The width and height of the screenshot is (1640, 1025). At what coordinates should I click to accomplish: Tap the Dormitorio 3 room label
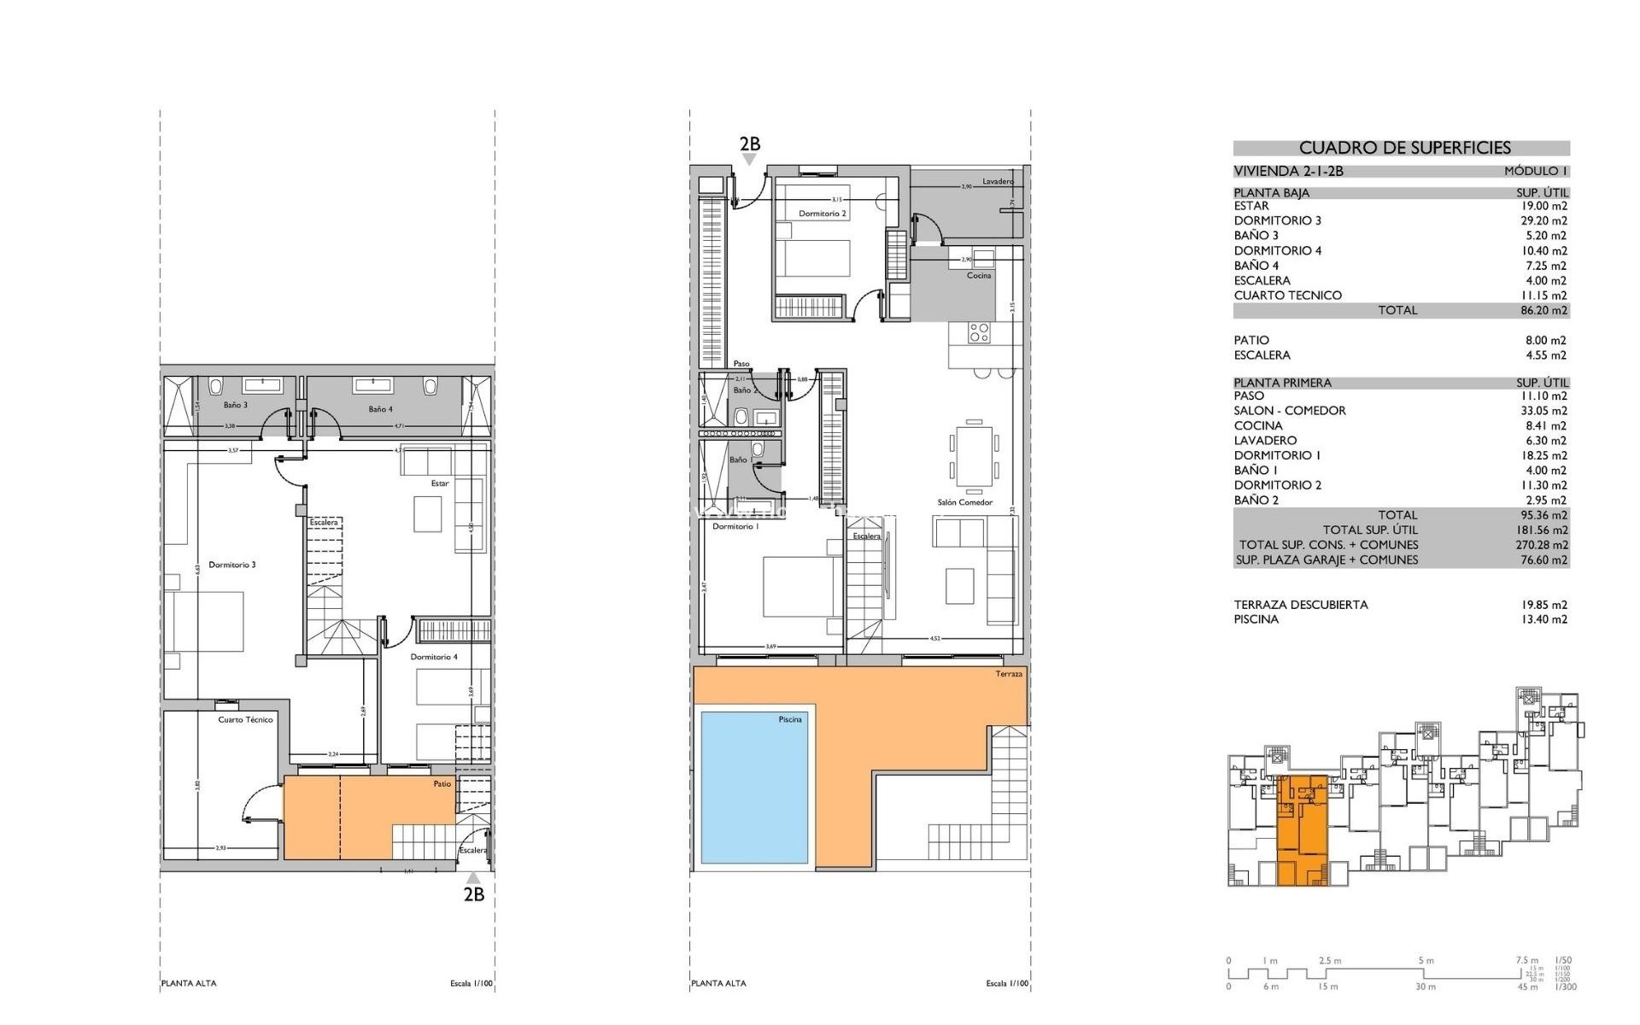pos(231,565)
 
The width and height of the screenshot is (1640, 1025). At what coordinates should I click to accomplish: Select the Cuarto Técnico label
pos(245,719)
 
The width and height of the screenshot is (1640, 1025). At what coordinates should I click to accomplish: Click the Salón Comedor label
pos(964,502)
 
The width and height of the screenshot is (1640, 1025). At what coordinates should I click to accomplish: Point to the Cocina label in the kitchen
pos(979,275)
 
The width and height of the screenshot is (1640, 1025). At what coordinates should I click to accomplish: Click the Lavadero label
pos(998,181)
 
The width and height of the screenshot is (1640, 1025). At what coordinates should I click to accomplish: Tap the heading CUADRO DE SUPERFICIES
pos(1404,148)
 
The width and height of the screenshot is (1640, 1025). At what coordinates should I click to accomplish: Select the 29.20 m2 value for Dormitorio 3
pos(1543,220)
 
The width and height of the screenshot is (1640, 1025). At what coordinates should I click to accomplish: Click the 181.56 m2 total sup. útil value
pos(1543,530)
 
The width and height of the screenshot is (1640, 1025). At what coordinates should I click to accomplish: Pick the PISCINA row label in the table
pos(1256,619)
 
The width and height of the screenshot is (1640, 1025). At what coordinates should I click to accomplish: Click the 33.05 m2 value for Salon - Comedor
pos(1543,411)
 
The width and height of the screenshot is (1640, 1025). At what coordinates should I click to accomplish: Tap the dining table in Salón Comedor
pos(974,455)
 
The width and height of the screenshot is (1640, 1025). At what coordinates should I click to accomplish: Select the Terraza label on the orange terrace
pos(1008,674)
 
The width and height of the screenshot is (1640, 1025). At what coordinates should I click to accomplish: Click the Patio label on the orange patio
pos(442,783)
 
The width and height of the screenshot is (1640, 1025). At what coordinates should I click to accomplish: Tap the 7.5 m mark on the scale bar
pos(1526,961)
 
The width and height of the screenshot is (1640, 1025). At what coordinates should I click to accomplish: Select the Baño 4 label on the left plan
pos(380,409)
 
